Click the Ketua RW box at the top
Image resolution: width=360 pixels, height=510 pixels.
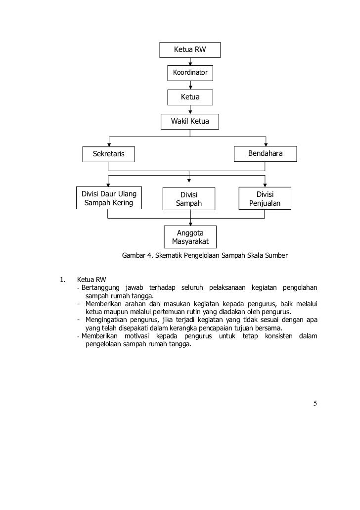click(x=190, y=50)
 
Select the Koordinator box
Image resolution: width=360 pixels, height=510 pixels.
click(x=190, y=74)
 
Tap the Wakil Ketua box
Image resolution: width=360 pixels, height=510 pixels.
click(x=190, y=121)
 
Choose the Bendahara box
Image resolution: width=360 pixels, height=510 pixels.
click(x=265, y=154)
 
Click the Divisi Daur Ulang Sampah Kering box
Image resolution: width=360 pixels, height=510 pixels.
click(x=108, y=198)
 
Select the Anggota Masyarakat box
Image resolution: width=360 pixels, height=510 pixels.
click(x=190, y=237)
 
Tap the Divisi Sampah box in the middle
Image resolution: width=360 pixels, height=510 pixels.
click(x=188, y=199)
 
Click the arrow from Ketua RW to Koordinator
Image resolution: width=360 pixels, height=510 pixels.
click(x=190, y=61)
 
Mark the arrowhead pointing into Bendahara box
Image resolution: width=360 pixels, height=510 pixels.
click(x=266, y=144)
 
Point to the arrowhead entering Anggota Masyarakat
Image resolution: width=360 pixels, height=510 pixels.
click(x=190, y=224)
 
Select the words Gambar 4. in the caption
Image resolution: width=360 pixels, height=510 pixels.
click(x=135, y=256)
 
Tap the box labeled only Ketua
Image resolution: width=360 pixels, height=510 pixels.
click(x=190, y=97)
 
